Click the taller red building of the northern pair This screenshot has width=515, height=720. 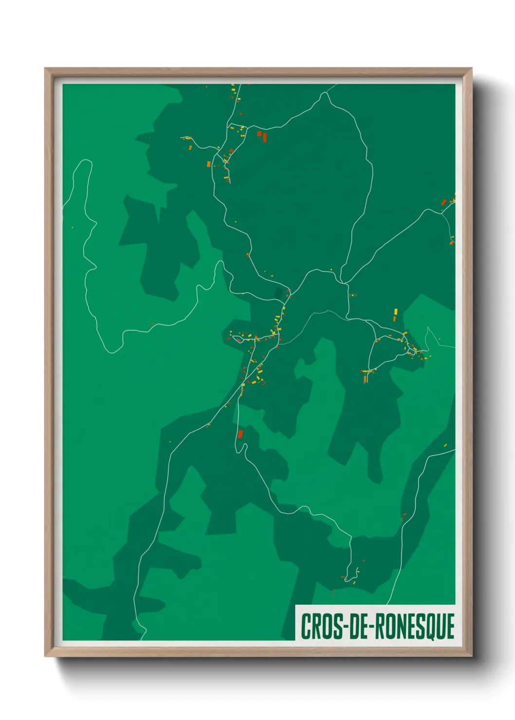click(x=265, y=137)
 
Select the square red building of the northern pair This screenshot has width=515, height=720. click(x=259, y=133)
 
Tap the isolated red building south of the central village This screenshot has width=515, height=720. click(x=240, y=433)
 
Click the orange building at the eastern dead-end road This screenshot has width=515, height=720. click(x=365, y=378)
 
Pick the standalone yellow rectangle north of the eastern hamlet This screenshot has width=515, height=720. click(x=396, y=311)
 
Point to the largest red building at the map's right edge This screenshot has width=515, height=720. click(x=443, y=202)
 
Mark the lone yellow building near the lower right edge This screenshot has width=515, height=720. click(x=445, y=444)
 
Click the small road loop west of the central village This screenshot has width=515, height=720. click(x=238, y=339)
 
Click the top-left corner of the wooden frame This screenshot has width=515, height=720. click(x=45, y=69)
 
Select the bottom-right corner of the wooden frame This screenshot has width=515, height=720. click(x=471, y=656)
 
